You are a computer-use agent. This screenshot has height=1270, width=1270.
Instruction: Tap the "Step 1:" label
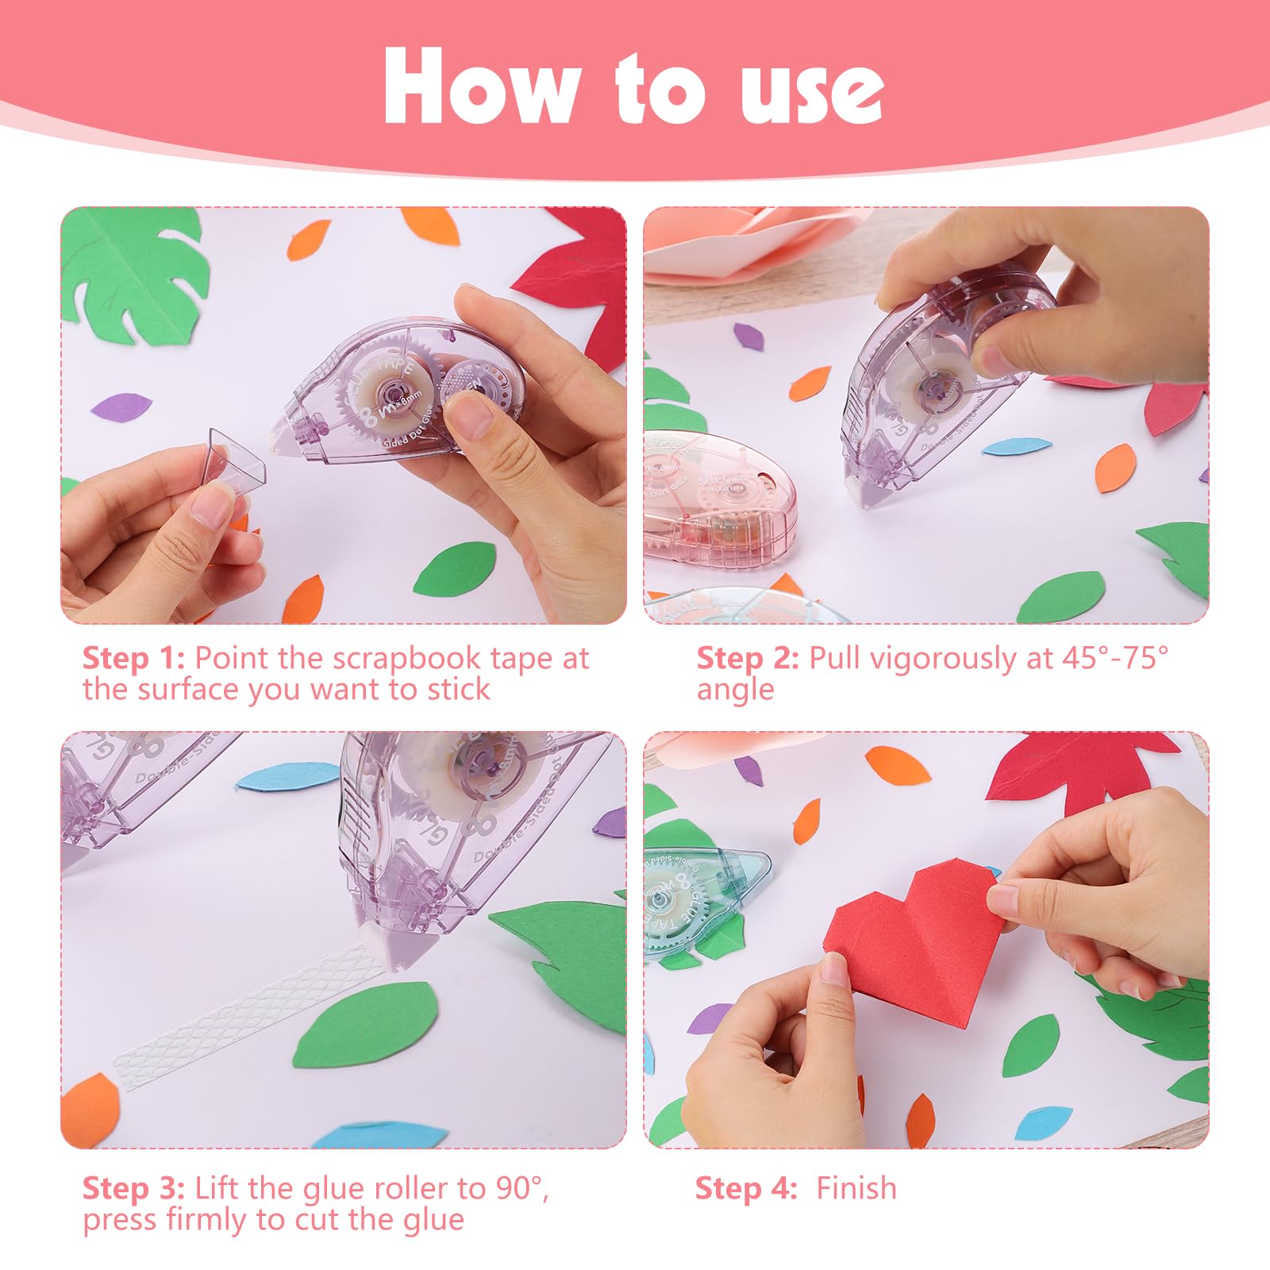[133, 658]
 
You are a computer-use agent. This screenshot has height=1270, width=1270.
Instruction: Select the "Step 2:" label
[747, 658]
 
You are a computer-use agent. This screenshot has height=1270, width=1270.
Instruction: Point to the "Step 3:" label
[133, 1188]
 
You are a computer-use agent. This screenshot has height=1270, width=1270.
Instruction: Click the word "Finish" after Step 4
[856, 1188]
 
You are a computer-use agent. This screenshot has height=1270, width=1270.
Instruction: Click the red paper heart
[913, 945]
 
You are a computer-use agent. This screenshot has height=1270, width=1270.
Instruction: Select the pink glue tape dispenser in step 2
[718, 500]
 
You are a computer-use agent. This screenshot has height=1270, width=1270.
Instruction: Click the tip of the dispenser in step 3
[405, 952]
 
